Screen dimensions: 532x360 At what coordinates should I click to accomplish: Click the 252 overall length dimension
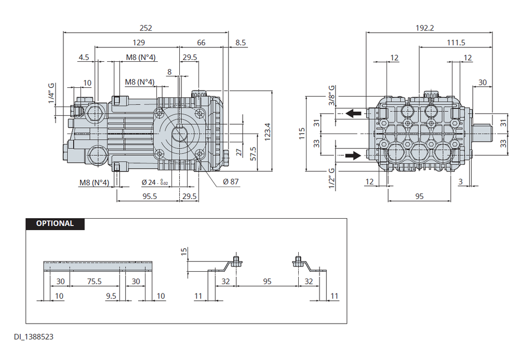click(x=146, y=28)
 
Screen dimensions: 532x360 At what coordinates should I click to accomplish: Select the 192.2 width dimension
click(x=425, y=28)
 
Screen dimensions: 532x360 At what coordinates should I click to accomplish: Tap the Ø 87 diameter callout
click(x=231, y=182)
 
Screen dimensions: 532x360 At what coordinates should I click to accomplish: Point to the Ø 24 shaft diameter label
click(x=155, y=182)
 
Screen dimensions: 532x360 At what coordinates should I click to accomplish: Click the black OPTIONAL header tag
click(x=55, y=224)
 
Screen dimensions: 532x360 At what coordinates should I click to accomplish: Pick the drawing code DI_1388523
click(x=34, y=337)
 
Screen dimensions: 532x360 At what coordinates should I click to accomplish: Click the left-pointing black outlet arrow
click(x=353, y=113)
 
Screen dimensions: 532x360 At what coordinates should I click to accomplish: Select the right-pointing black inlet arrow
click(x=353, y=156)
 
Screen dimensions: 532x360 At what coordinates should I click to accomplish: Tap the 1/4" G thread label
click(x=51, y=93)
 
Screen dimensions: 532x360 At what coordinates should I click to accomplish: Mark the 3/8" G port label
click(x=331, y=96)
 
